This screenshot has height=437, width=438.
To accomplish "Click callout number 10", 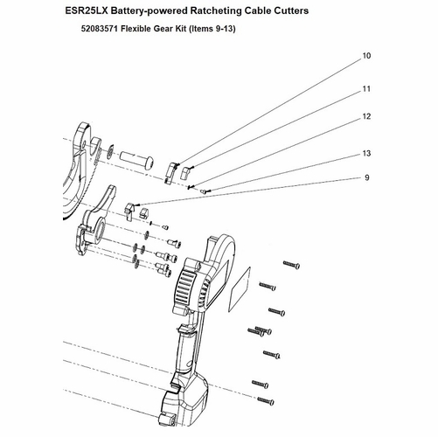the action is click(366, 56).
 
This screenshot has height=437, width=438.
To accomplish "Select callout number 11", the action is click(366, 89).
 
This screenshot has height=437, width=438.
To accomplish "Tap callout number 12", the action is click(366, 116).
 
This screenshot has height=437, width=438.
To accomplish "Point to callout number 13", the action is click(366, 153).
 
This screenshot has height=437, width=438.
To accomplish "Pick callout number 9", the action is click(367, 177).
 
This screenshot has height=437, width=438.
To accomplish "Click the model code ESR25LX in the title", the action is click(87, 10).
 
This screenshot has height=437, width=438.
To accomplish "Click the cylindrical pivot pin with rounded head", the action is click(136, 160).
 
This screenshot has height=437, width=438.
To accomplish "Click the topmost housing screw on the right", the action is click(291, 265).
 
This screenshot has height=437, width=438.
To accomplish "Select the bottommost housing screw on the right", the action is click(266, 401).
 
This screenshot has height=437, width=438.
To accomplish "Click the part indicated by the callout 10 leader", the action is click(171, 173).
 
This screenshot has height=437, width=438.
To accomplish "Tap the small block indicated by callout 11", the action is click(185, 172).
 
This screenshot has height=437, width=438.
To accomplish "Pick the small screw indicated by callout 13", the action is click(204, 191).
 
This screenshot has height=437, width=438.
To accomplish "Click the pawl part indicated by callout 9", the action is click(129, 212).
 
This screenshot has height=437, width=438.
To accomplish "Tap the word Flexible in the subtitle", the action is click(136, 29).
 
